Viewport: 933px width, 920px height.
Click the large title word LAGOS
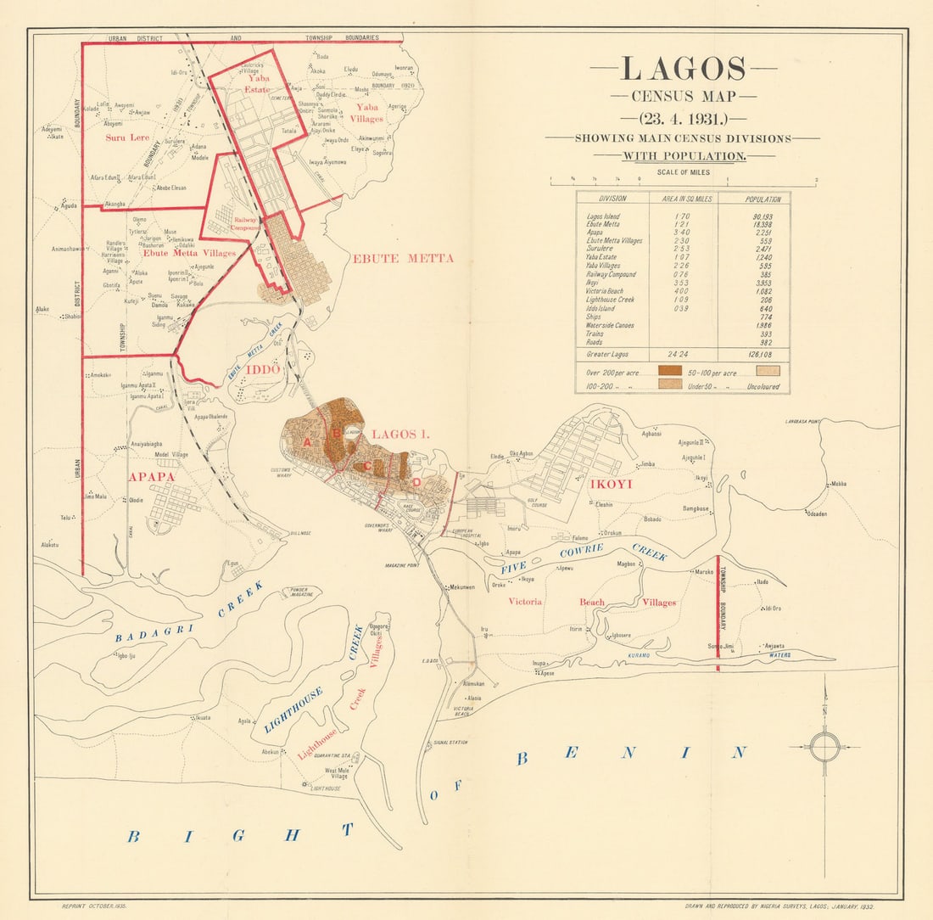pos(683,70)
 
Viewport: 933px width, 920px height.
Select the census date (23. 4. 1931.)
pos(683,117)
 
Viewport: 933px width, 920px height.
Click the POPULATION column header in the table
pos(763,199)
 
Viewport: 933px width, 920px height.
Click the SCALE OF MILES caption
pos(683,172)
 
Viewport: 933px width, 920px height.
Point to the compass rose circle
pos(824,748)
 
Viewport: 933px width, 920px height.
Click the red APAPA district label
pos(151,477)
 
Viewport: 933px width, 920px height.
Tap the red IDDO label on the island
pos(262,370)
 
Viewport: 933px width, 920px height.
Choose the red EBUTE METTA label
pos(403,258)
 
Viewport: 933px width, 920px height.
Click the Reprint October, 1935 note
pos(95,907)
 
